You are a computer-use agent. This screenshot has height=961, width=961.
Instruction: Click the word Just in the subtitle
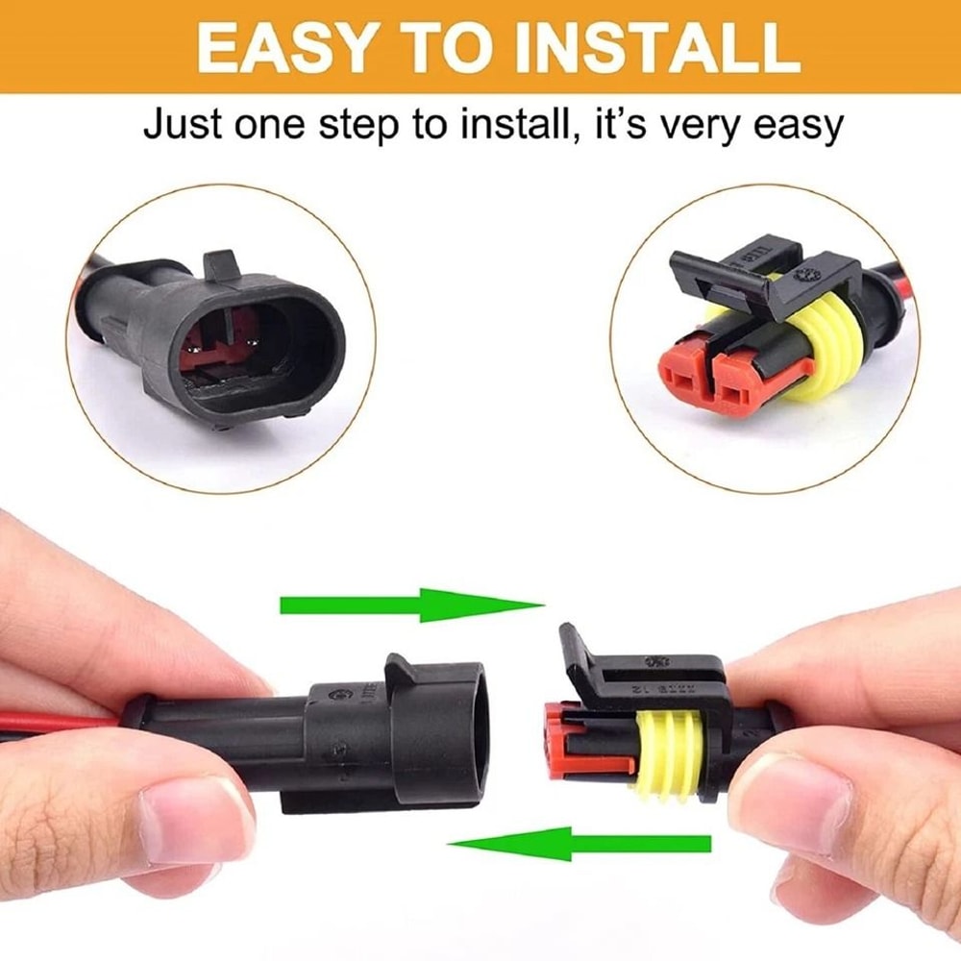click(x=183, y=125)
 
